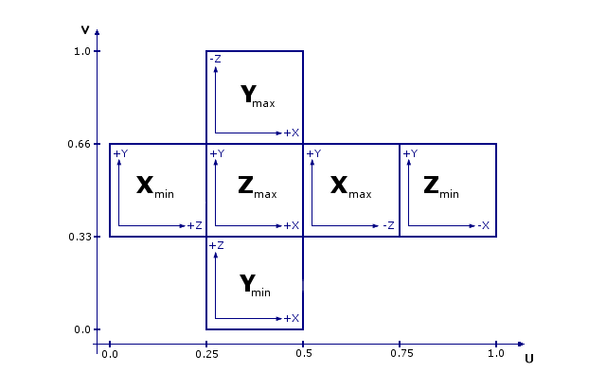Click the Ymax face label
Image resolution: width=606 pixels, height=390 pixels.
point(257,96)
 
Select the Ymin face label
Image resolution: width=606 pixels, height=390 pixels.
point(255,285)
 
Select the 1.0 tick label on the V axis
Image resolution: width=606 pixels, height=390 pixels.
point(81,51)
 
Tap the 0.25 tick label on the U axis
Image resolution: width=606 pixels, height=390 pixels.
point(206,354)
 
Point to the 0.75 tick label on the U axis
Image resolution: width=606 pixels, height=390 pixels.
point(400,354)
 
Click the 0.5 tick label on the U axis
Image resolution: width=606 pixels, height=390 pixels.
point(303,354)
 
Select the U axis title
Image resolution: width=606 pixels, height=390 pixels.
point(528,359)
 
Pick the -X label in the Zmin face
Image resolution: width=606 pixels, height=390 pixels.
point(482,226)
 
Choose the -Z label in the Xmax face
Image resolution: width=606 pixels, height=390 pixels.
point(387,226)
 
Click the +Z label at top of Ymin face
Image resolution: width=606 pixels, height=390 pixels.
point(216,245)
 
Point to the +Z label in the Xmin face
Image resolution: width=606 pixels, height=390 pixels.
point(195,226)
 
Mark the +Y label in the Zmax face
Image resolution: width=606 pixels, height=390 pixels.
point(217,153)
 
